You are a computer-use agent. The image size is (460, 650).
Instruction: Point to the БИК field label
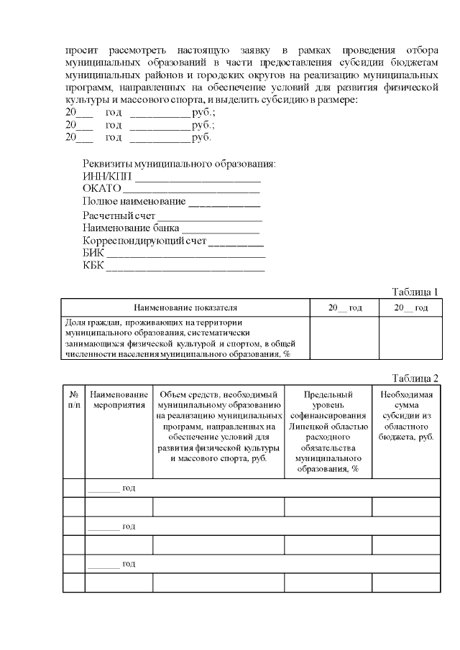click(93, 254)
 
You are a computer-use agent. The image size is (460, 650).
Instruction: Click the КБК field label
click(93, 266)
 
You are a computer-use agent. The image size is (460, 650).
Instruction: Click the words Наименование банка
click(121, 228)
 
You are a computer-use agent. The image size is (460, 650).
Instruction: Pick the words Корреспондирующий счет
click(144, 241)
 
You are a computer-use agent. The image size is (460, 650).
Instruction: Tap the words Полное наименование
click(134, 202)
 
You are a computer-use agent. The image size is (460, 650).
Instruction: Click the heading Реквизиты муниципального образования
click(179, 164)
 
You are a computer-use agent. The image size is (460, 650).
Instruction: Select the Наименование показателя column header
click(185, 307)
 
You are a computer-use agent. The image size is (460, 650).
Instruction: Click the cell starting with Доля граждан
click(185, 338)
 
